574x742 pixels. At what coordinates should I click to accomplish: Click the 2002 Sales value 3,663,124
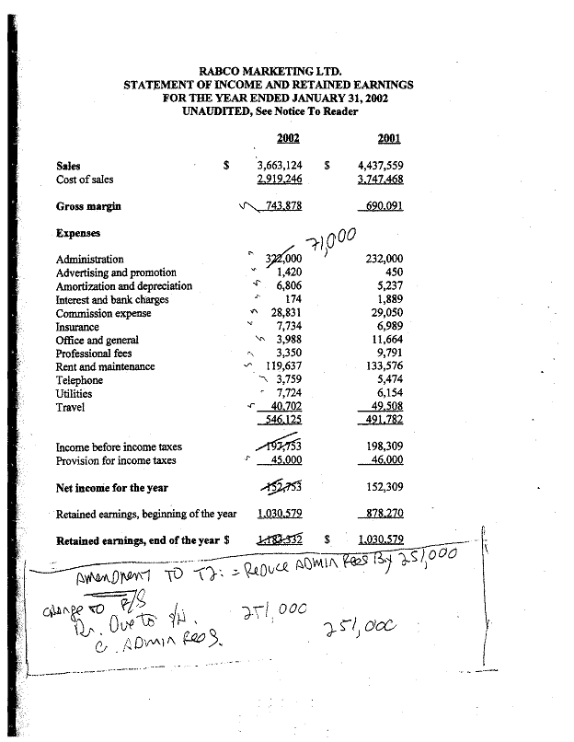[281, 167]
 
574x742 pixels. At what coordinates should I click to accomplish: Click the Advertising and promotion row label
[116, 272]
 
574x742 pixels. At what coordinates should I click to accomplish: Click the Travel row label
[71, 407]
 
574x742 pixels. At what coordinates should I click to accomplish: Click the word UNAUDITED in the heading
[219, 111]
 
